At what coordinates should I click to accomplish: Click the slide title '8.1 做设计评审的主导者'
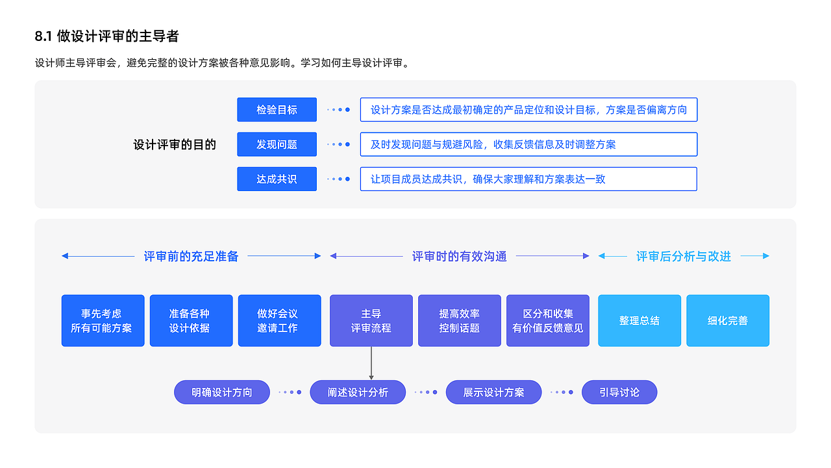point(106,36)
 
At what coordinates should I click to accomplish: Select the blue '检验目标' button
point(277,110)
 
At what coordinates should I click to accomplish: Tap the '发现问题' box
point(277,144)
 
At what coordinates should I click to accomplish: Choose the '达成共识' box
point(277,179)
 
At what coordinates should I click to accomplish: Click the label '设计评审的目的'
point(175,144)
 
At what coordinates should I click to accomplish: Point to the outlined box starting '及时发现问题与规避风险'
point(528,144)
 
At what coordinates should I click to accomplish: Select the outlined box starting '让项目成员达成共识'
point(528,179)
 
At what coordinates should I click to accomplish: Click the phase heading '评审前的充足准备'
point(191,256)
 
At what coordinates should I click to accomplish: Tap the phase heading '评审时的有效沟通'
point(459,256)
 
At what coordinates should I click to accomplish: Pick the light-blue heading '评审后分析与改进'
point(683,256)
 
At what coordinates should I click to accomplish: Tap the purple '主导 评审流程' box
point(371,320)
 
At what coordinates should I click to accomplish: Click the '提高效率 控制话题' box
point(459,320)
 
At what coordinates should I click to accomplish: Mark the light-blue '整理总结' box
point(639,320)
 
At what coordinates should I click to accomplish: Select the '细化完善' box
point(727,320)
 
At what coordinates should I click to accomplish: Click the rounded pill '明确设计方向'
point(221,392)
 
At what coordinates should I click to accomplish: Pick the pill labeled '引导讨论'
point(619,392)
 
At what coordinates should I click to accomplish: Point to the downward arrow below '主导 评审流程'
point(371,363)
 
